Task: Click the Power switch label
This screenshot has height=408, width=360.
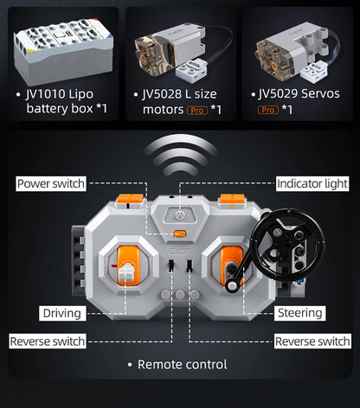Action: tap(51, 183)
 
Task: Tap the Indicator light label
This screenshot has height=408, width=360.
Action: tap(312, 183)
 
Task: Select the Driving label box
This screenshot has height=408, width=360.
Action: tap(62, 313)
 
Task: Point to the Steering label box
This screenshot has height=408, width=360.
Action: tap(299, 313)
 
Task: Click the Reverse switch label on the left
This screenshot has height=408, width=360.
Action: tap(48, 341)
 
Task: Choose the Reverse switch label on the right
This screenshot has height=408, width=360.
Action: tap(312, 341)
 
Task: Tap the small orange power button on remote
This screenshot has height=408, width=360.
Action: tap(180, 233)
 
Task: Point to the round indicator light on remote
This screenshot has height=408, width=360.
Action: tap(179, 215)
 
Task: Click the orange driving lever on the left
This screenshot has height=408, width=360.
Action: tap(129, 265)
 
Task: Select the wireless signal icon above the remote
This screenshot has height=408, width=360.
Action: tap(180, 155)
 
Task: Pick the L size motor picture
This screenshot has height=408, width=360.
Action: tap(183, 50)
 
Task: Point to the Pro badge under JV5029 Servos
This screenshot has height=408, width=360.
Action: tap(268, 110)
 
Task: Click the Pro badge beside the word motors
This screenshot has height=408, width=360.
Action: tap(197, 111)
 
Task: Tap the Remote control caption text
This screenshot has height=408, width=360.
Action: tap(183, 365)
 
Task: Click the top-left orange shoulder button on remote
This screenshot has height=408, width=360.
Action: tap(130, 199)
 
